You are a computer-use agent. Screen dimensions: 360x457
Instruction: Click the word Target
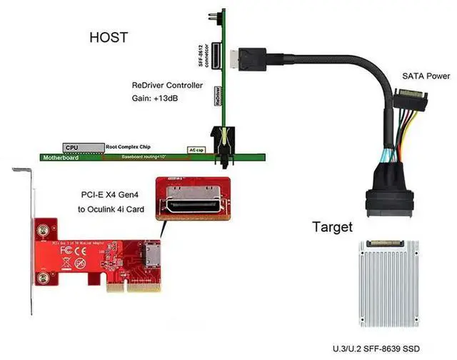333,228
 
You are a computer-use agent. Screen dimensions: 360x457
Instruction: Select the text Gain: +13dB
154,98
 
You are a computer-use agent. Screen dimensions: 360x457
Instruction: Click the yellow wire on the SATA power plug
408,132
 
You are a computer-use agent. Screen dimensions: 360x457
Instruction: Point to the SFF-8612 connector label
203,54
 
